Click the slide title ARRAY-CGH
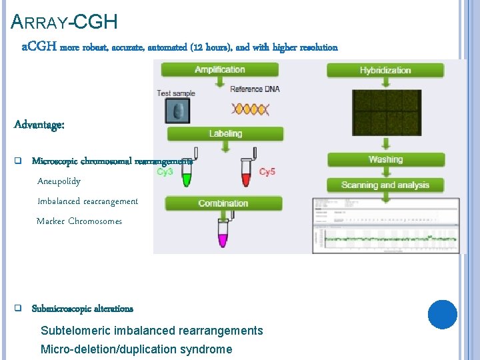pyautogui.click(x=65, y=23)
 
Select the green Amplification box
pyautogui.click(x=219, y=70)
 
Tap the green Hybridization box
pyautogui.click(x=385, y=70)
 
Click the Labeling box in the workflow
pyautogui.click(x=225, y=134)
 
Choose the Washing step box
pyautogui.click(x=385, y=160)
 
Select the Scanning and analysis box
pyautogui.click(x=385, y=185)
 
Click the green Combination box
pyautogui.click(x=223, y=203)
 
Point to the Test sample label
pyautogui.click(x=176, y=93)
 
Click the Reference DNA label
pyautogui.click(x=255, y=89)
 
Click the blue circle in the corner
pyautogui.click(x=442, y=315)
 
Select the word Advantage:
pyautogui.click(x=39, y=125)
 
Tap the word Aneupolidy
pyautogui.click(x=59, y=181)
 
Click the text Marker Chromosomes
pyautogui.click(x=79, y=221)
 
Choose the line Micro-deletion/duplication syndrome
pyautogui.click(x=136, y=349)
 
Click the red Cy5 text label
pyautogui.click(x=267, y=172)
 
